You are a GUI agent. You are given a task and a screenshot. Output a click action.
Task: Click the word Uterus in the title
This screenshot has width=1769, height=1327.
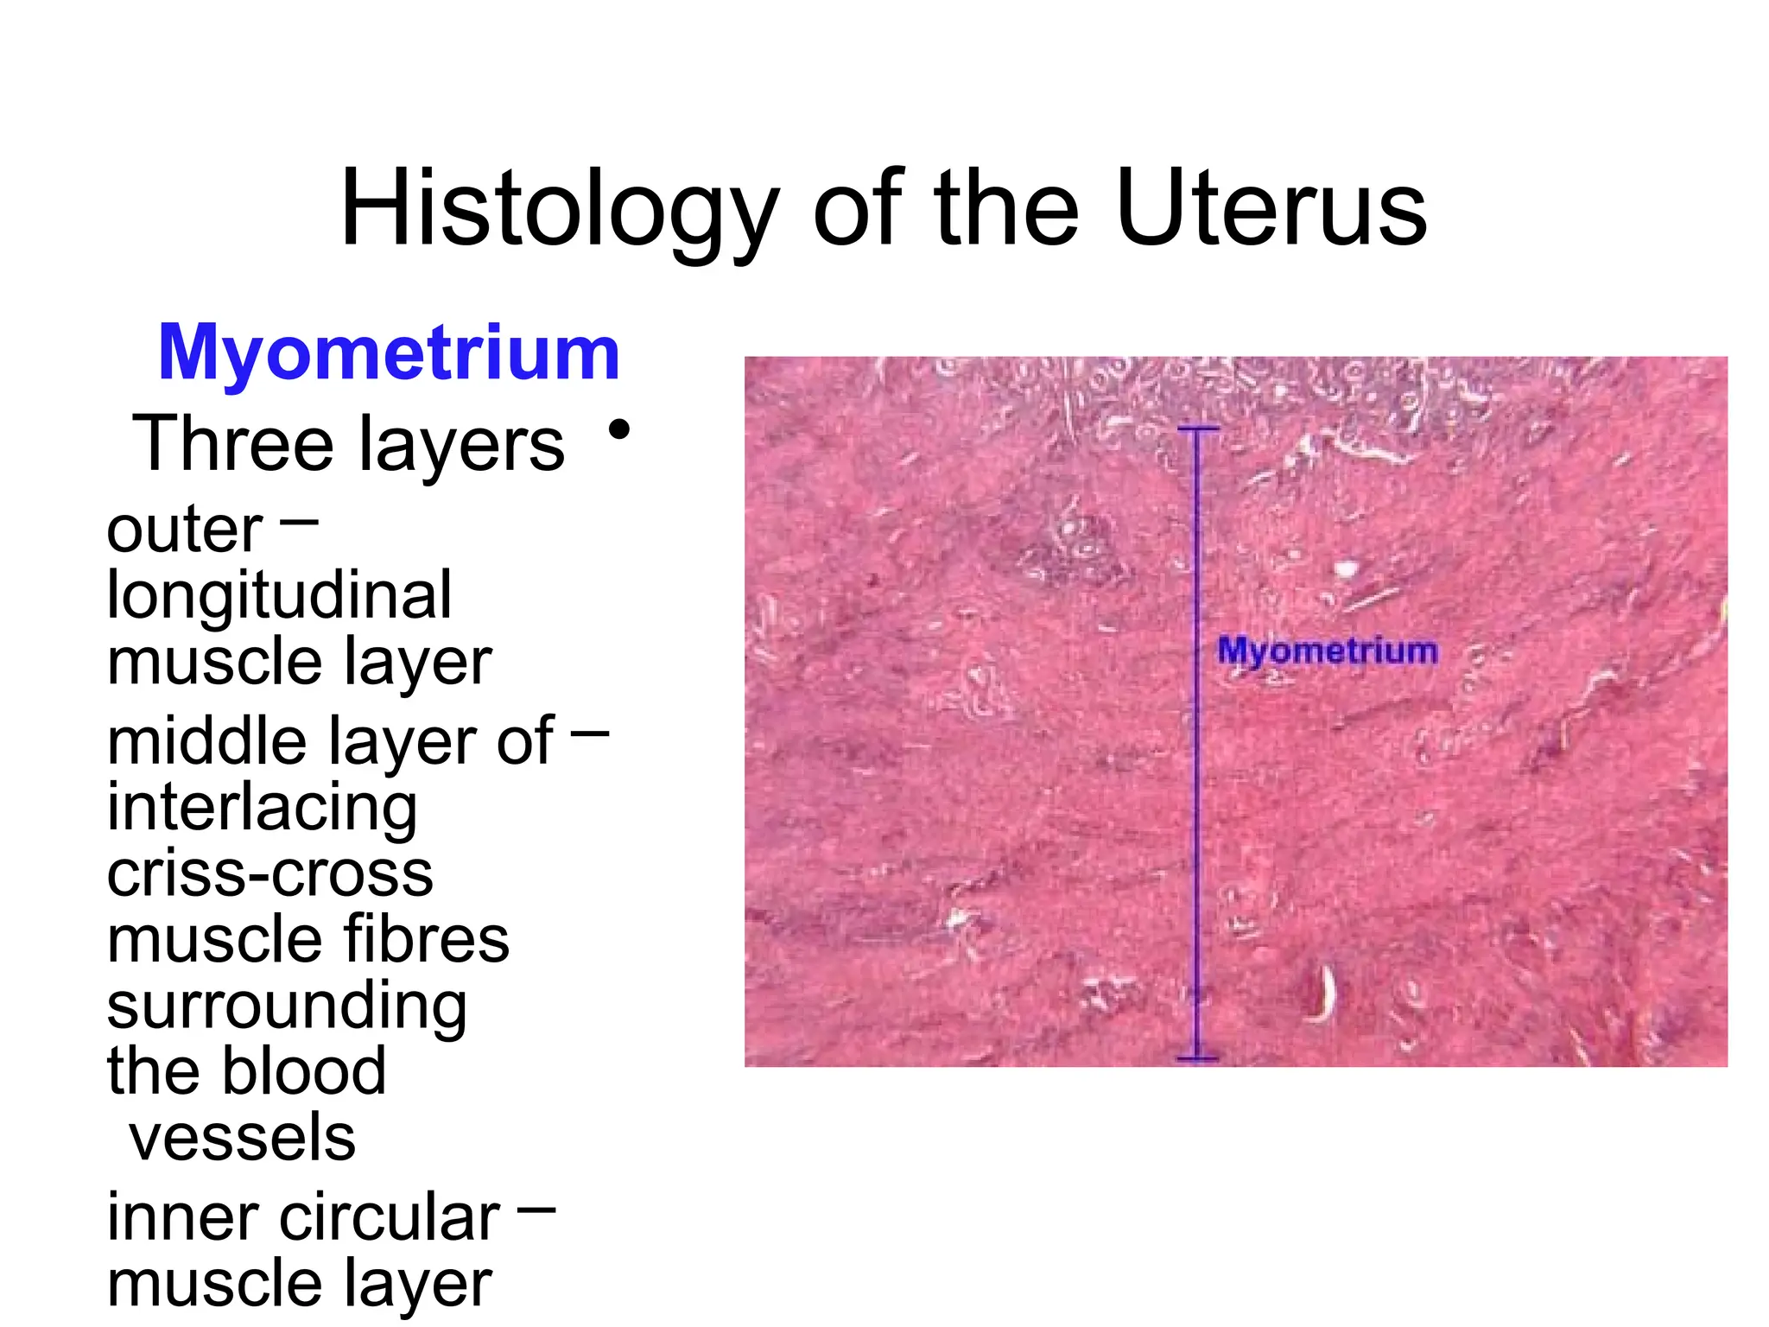point(1271,210)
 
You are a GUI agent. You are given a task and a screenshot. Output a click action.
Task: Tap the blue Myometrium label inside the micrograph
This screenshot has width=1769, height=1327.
point(1328,651)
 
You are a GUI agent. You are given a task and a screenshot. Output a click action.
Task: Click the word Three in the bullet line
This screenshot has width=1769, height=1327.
point(232,444)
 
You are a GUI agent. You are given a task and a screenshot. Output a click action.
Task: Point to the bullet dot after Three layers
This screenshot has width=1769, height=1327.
point(618,429)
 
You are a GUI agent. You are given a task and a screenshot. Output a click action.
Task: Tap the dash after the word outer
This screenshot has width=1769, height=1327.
point(300,521)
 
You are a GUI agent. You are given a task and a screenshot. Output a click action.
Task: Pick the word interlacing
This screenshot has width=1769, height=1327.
point(262,808)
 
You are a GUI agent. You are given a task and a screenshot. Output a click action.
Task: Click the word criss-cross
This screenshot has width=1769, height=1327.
point(269,873)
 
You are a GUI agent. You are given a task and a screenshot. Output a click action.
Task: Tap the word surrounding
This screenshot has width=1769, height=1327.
point(287,1006)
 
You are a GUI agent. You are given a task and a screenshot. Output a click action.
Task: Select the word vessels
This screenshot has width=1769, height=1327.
point(242,1137)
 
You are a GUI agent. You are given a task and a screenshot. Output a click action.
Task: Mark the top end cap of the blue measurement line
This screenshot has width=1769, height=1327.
point(1198,429)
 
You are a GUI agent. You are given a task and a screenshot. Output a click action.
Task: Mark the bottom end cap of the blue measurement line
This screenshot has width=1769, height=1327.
point(1198,1058)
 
